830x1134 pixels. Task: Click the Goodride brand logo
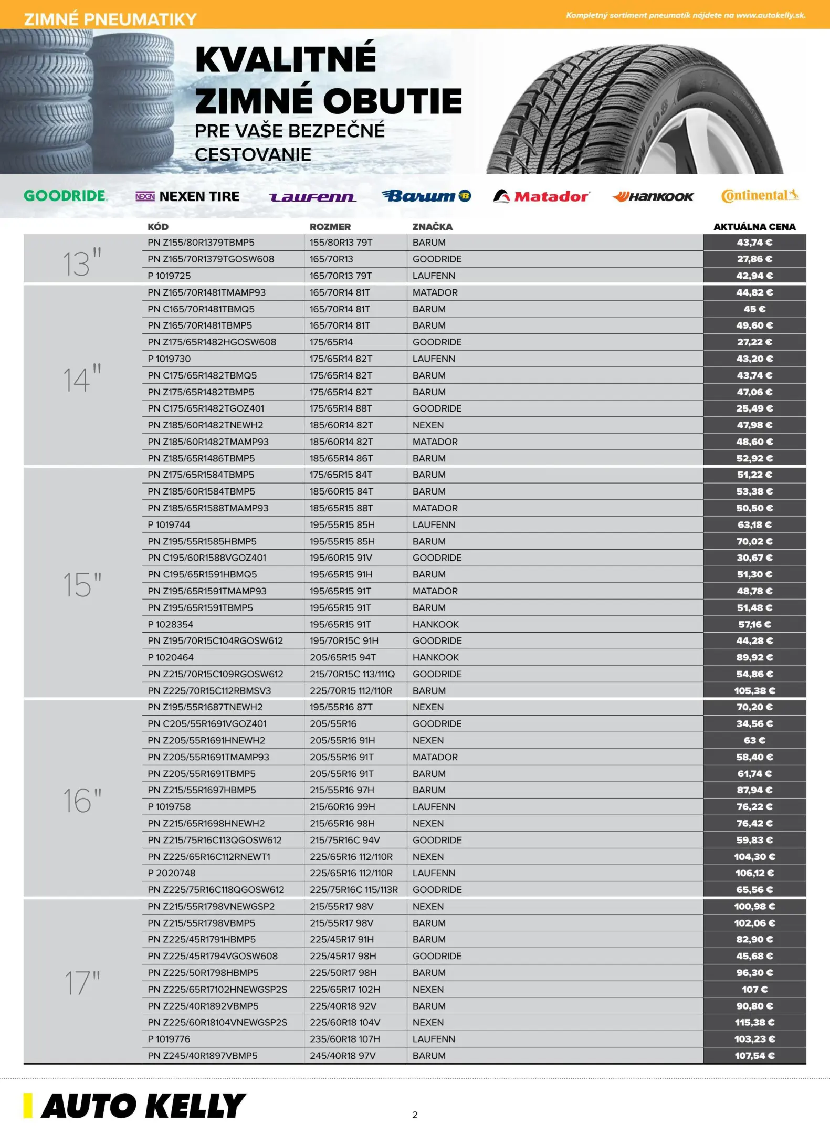point(66,196)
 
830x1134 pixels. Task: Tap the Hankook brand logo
point(653,197)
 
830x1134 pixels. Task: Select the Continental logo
point(760,196)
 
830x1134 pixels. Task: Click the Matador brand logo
point(542,196)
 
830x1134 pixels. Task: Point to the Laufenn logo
point(312,197)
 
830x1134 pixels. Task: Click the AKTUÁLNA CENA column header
point(754,227)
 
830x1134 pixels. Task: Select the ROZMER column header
point(330,227)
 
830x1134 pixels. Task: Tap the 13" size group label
point(81,262)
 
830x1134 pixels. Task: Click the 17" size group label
point(82,983)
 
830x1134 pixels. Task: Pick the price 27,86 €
point(754,259)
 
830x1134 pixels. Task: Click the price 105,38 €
point(754,690)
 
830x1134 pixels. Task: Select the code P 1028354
point(170,624)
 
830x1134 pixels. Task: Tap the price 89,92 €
point(754,657)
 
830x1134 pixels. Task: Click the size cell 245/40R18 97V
point(342,1055)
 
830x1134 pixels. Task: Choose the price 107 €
point(754,989)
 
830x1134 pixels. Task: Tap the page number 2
point(415,1115)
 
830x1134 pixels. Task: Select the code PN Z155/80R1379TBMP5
point(201,243)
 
